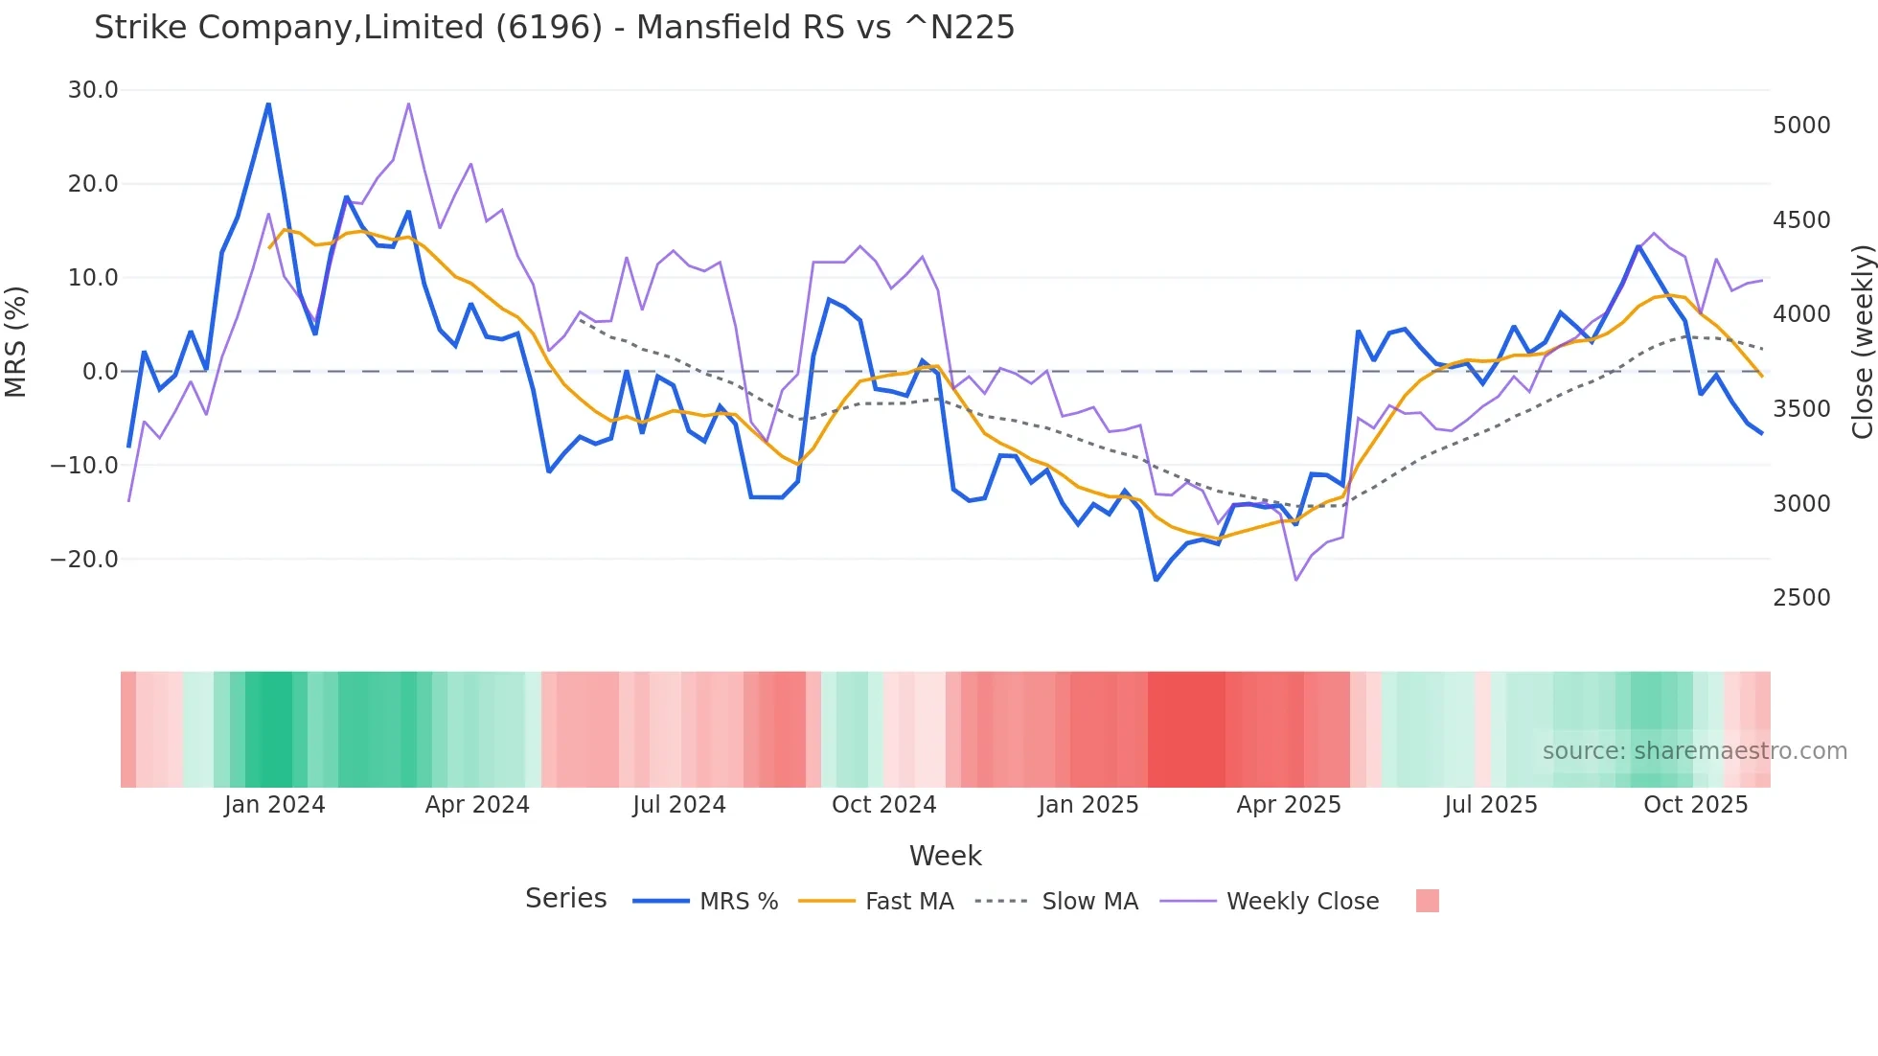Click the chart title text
(554, 28)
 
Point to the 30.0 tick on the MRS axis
(93, 90)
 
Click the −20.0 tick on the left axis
(84, 560)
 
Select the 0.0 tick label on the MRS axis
(100, 372)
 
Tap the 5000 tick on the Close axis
(1801, 126)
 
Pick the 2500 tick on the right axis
(1801, 598)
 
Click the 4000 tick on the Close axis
(1801, 314)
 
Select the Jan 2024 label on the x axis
(275, 805)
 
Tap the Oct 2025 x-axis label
(1696, 805)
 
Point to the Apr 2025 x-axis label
(1289, 805)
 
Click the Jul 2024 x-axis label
(679, 805)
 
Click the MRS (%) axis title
(16, 341)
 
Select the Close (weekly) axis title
(1862, 341)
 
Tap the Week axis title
(945, 856)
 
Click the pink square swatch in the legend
(1427, 901)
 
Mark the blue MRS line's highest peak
(268, 103)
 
